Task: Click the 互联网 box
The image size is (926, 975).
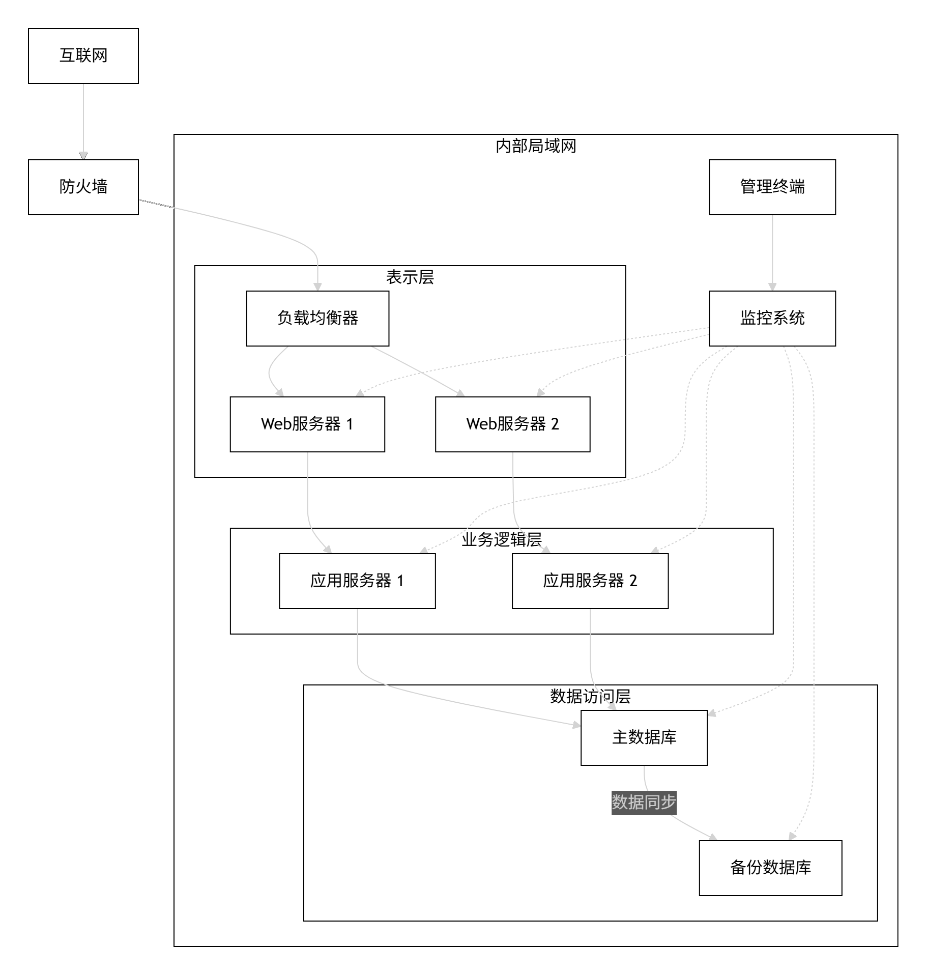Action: coord(83,56)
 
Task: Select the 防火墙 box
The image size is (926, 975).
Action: coord(83,187)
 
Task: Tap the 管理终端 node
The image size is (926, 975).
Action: coord(772,187)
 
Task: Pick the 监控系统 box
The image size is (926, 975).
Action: coord(772,319)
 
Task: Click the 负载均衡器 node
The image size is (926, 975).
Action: coord(317,319)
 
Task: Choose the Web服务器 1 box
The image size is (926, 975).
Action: coord(307,424)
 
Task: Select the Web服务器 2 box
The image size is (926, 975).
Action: coord(512,424)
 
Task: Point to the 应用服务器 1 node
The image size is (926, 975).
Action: coord(357,581)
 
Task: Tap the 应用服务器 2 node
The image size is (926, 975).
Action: coord(590,581)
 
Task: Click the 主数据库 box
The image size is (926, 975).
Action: coord(644,738)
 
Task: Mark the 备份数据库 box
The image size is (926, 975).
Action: coord(770,868)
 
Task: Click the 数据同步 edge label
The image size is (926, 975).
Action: coord(644,802)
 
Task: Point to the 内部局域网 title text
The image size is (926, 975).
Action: coord(536,147)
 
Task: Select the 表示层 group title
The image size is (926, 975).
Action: coord(410,278)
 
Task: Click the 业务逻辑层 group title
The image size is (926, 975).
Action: coord(502,540)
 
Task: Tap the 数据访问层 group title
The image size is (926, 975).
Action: coord(590,697)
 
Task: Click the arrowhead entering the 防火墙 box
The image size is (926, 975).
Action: coord(83,156)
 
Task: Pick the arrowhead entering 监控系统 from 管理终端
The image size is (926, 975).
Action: coord(772,286)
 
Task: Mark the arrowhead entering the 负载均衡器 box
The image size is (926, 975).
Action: coord(317,286)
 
